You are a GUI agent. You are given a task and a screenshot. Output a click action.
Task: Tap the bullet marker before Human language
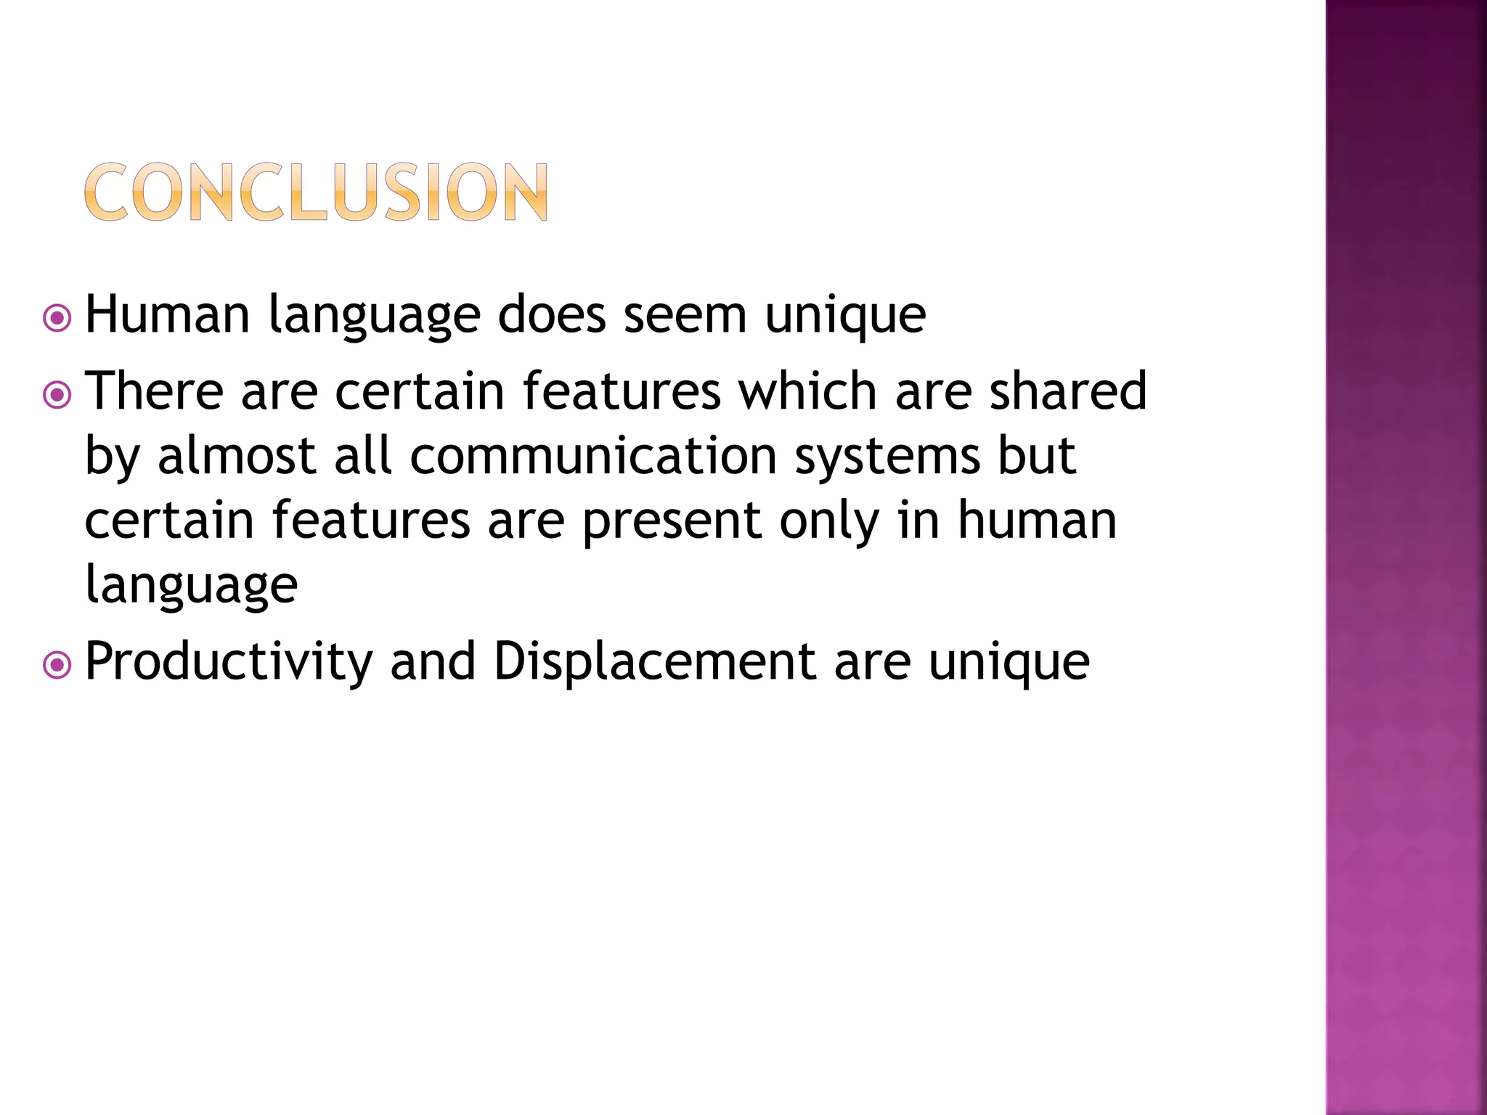[57, 318]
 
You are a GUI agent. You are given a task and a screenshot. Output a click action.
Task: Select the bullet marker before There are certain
[57, 395]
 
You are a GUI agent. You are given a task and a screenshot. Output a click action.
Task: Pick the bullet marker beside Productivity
[57, 665]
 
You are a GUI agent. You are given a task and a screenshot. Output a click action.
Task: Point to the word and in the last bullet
[433, 662]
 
